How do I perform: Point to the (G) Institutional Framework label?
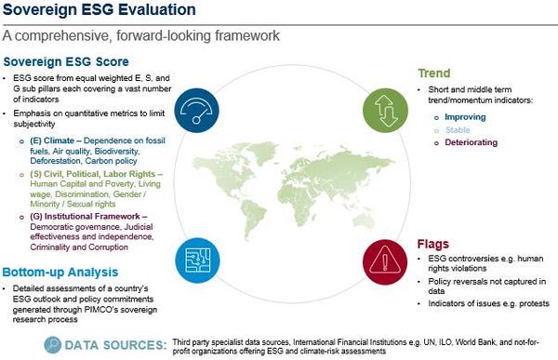(89, 215)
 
